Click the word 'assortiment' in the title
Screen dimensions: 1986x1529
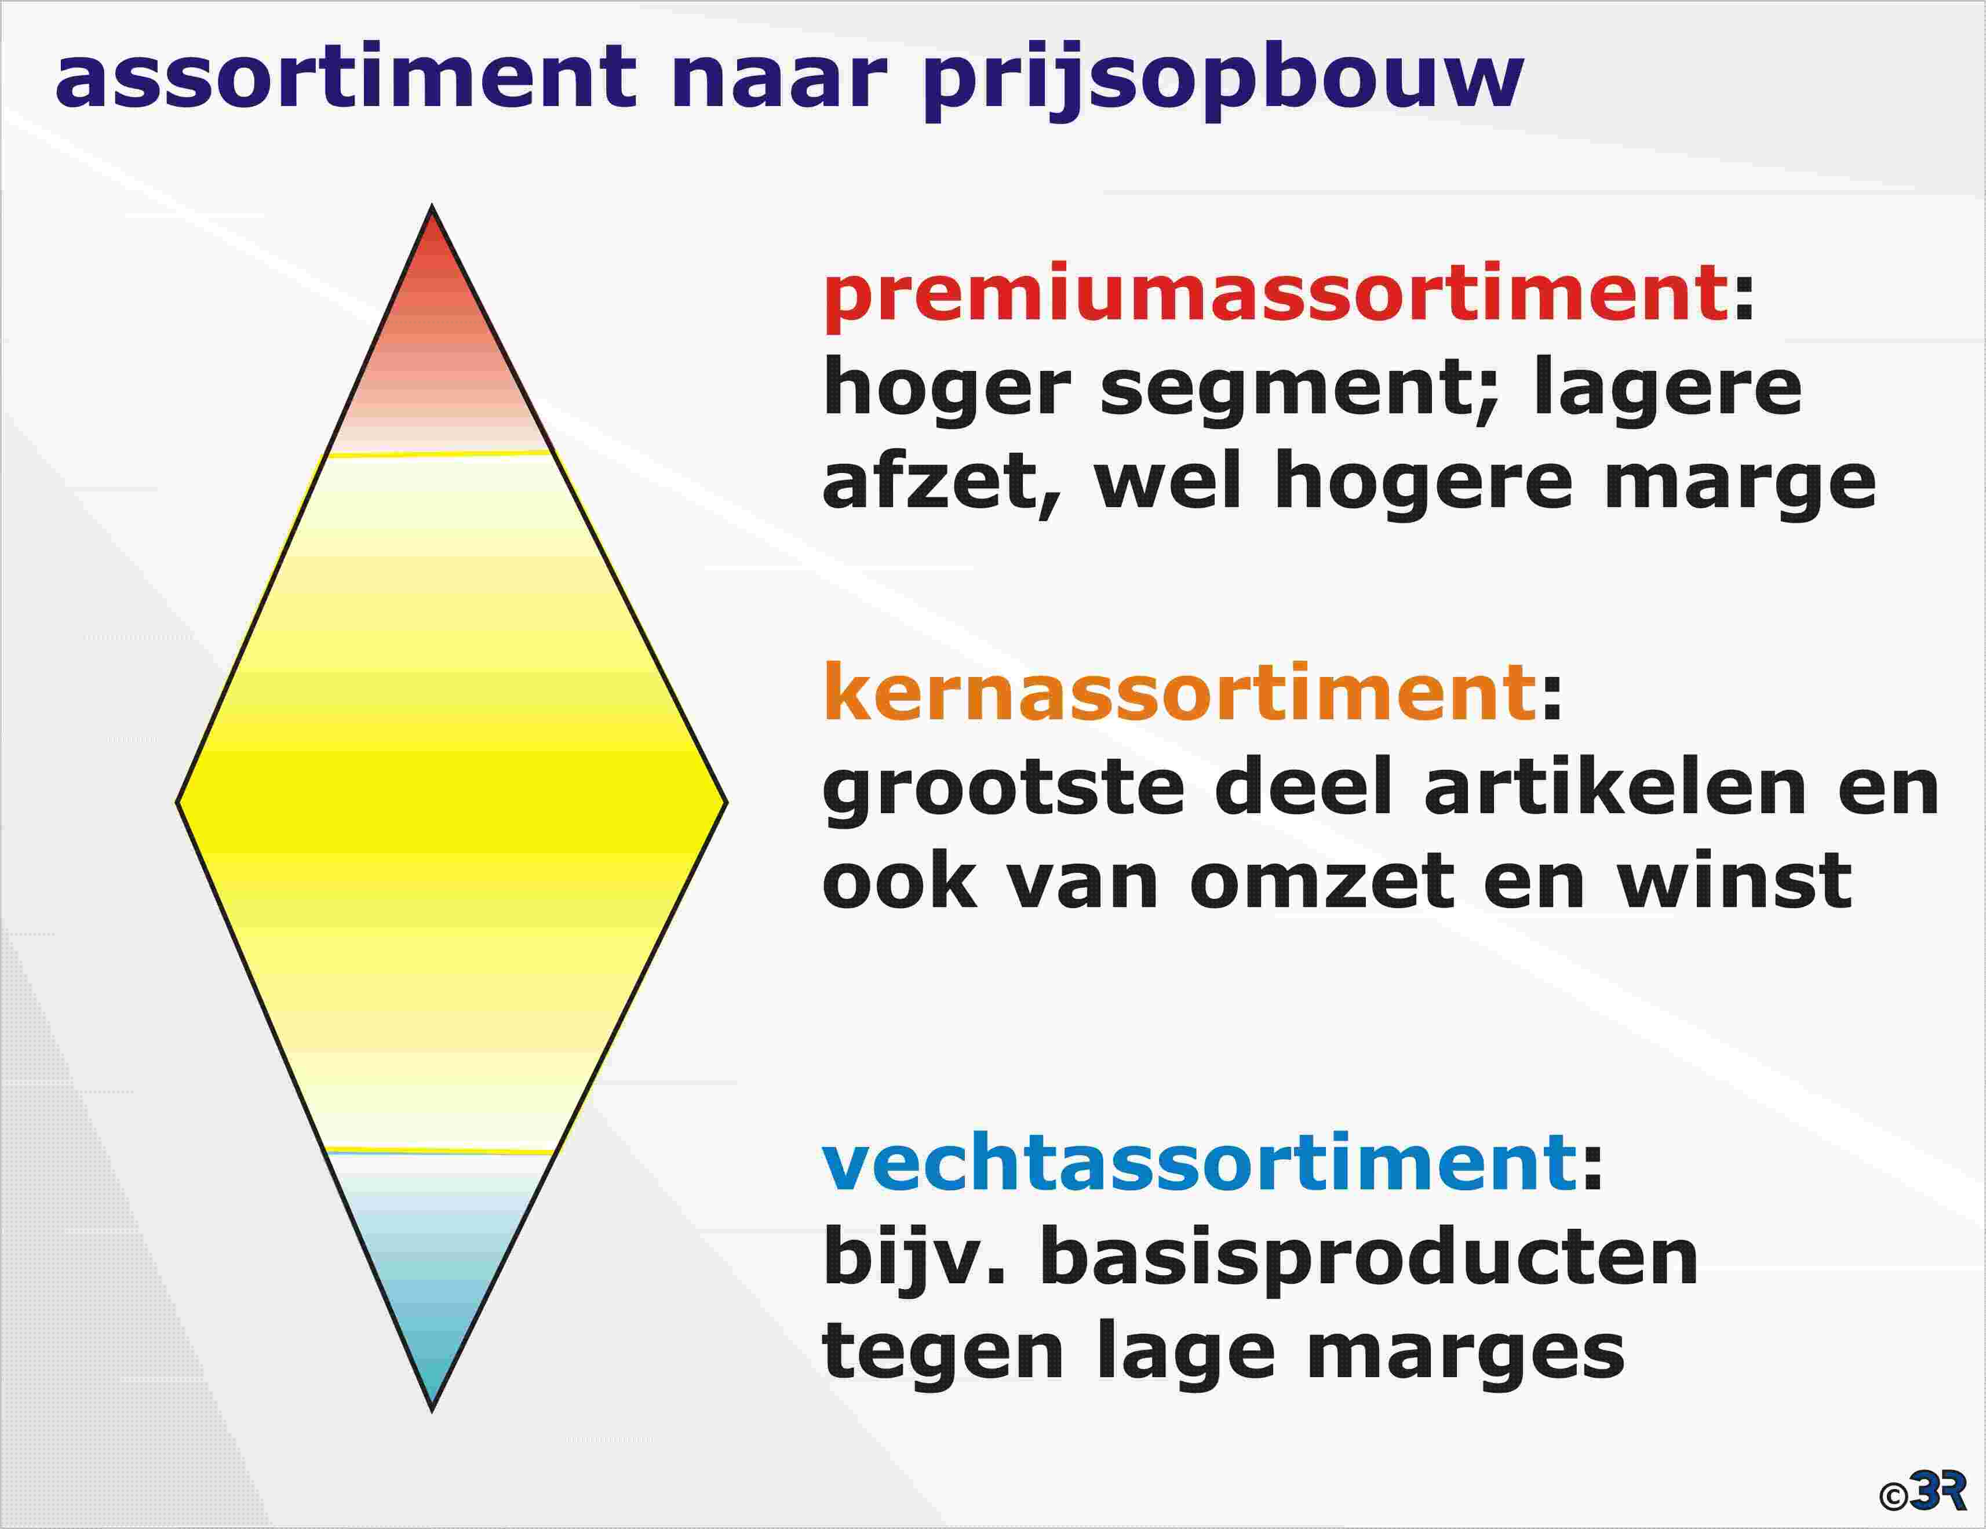[347, 77]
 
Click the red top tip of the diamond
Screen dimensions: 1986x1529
[432, 206]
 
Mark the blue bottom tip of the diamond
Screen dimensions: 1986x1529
[432, 1410]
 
